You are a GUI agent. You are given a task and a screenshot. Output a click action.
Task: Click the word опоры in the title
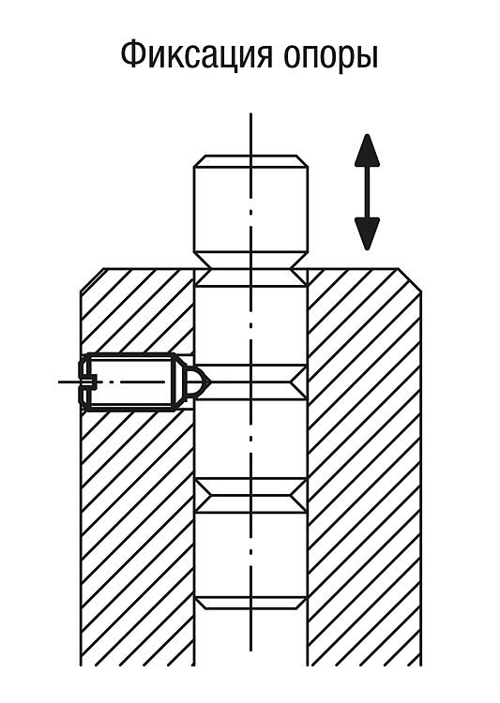click(x=331, y=58)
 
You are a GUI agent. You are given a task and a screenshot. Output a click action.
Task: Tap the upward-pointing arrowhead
click(x=367, y=151)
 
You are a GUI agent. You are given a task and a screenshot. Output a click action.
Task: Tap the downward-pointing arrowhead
click(x=367, y=233)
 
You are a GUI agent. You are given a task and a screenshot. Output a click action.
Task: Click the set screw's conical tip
click(x=198, y=381)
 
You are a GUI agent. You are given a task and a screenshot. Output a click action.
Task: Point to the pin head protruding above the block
click(x=250, y=211)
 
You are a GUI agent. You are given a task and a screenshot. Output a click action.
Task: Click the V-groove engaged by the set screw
click(x=250, y=382)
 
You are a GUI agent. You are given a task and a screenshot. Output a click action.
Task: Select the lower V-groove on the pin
click(x=250, y=496)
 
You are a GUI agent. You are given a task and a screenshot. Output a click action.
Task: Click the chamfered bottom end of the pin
click(x=250, y=603)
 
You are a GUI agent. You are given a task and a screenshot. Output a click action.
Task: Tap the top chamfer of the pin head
click(x=250, y=161)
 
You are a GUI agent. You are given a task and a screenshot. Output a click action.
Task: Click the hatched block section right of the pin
click(x=365, y=466)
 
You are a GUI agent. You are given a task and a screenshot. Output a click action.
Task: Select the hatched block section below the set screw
click(x=137, y=538)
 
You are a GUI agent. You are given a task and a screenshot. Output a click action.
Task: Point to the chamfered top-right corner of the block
click(x=410, y=280)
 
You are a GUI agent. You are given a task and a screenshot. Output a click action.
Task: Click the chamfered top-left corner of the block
click(x=92, y=280)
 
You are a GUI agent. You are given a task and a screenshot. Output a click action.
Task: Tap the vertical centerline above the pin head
click(x=250, y=134)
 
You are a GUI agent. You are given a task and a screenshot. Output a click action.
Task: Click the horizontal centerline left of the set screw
click(x=69, y=382)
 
